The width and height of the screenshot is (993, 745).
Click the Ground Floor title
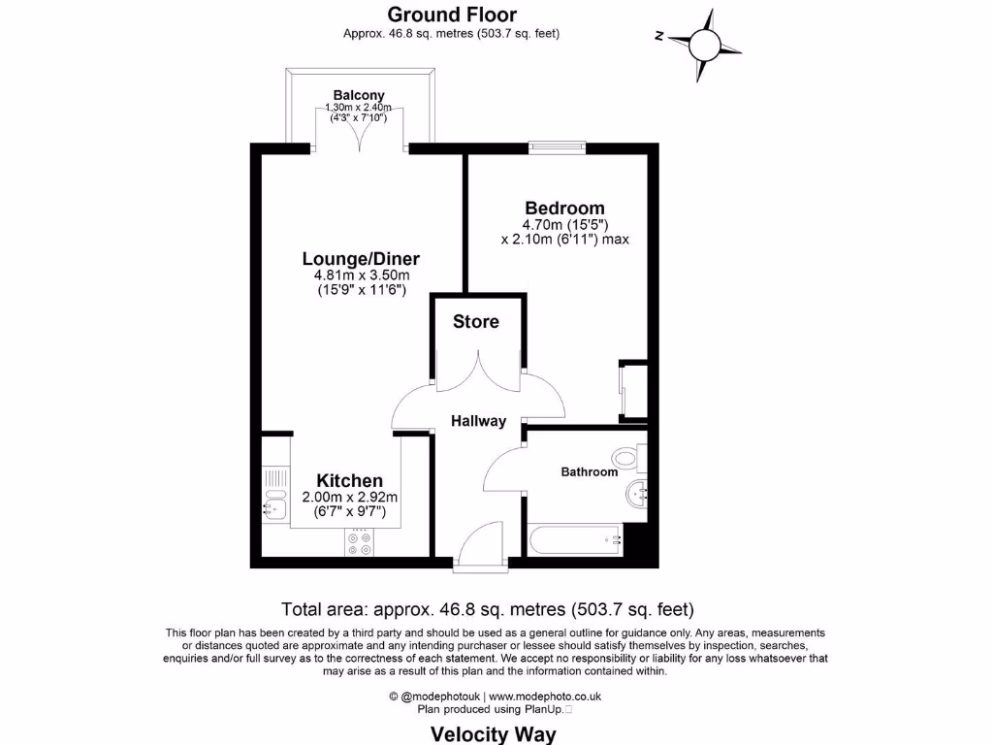[x=451, y=15]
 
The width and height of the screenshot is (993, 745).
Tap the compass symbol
[x=705, y=44]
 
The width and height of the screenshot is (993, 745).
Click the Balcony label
[x=360, y=95]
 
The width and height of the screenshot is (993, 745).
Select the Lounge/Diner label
[x=361, y=259]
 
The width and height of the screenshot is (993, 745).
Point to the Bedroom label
[x=564, y=208]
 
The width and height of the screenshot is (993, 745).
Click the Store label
[x=476, y=321]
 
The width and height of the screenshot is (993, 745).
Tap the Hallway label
[x=478, y=421]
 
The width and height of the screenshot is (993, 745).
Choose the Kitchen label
[x=350, y=480]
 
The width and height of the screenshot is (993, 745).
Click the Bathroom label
[x=589, y=472]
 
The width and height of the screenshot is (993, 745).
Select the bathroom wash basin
[x=637, y=494]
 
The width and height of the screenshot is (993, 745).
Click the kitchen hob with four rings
[x=360, y=544]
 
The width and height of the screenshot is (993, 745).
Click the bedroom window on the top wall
[x=557, y=147]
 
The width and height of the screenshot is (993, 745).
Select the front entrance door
[x=480, y=543]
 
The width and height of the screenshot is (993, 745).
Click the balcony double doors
[x=361, y=131]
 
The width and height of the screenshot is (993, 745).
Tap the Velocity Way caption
[x=494, y=733]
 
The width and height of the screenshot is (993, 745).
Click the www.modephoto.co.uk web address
[x=545, y=696]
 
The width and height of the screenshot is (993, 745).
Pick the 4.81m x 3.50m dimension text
[x=361, y=275]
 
